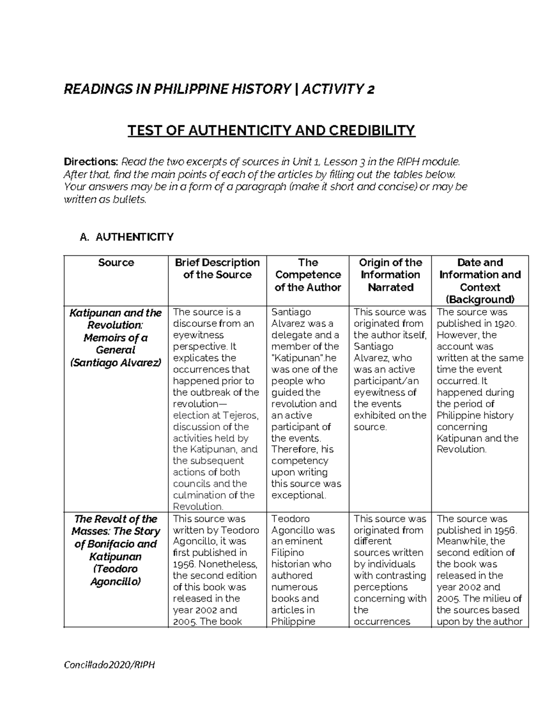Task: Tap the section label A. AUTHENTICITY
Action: [x=126, y=237]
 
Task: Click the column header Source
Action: [x=116, y=263]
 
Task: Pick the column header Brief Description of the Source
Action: [x=217, y=269]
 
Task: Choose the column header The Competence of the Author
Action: [x=308, y=275]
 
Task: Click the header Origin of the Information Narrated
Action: [x=390, y=275]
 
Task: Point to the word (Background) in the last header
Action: [x=480, y=299]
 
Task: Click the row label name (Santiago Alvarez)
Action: [x=116, y=363]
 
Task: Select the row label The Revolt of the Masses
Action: [x=116, y=525]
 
